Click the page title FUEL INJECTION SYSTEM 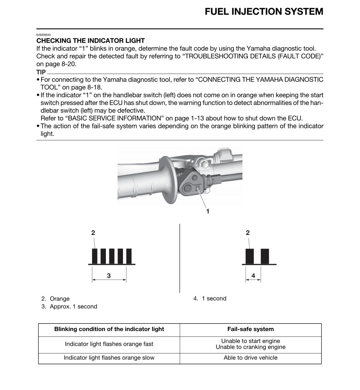pyautogui.click(x=264, y=12)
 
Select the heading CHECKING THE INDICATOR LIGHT pyautogui.click(x=90, y=41)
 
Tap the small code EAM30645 pyautogui.click(x=43, y=35)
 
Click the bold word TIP pyautogui.click(x=41, y=72)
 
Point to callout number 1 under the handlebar pyautogui.click(x=208, y=211)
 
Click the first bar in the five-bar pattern pyautogui.click(x=95, y=256)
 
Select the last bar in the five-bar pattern pyautogui.click(x=129, y=256)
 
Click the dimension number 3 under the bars pyautogui.click(x=109, y=276)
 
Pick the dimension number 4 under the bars pyautogui.click(x=253, y=276)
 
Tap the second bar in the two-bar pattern pyautogui.click(x=265, y=256)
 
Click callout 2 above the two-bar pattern pyautogui.click(x=248, y=233)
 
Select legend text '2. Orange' pyautogui.click(x=55, y=299)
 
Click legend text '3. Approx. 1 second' pyautogui.click(x=69, y=307)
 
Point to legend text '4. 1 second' pyautogui.click(x=210, y=299)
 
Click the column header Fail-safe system pyautogui.click(x=250, y=329)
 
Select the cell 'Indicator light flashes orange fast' pyautogui.click(x=109, y=344)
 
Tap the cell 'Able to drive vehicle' pyautogui.click(x=250, y=358)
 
